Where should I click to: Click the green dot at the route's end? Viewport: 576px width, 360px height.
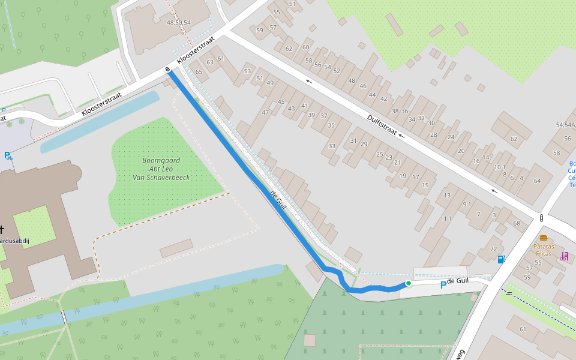point(408,283)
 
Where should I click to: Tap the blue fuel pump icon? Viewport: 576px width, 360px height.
point(501,259)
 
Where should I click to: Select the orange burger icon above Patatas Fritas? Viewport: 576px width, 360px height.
point(544,238)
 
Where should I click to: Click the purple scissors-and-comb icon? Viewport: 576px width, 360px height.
point(564,256)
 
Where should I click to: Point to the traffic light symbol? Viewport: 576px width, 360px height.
point(542,218)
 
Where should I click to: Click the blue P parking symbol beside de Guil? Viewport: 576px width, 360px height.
point(443,285)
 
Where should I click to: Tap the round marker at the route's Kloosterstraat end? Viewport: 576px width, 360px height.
point(169,70)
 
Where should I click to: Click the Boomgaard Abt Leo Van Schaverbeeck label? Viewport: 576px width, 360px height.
point(158,169)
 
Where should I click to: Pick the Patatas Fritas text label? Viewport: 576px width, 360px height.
point(544,250)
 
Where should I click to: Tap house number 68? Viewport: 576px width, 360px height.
point(516,223)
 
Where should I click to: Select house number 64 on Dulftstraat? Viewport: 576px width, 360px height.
point(537,181)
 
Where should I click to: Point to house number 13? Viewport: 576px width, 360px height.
point(446,195)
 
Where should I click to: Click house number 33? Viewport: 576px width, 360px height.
point(331,146)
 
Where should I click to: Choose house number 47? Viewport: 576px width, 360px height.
point(265,112)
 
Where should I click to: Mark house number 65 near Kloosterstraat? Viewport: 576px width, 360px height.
point(199,71)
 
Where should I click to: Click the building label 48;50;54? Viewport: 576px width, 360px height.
point(179,22)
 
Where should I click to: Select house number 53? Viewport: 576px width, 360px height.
point(247,71)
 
